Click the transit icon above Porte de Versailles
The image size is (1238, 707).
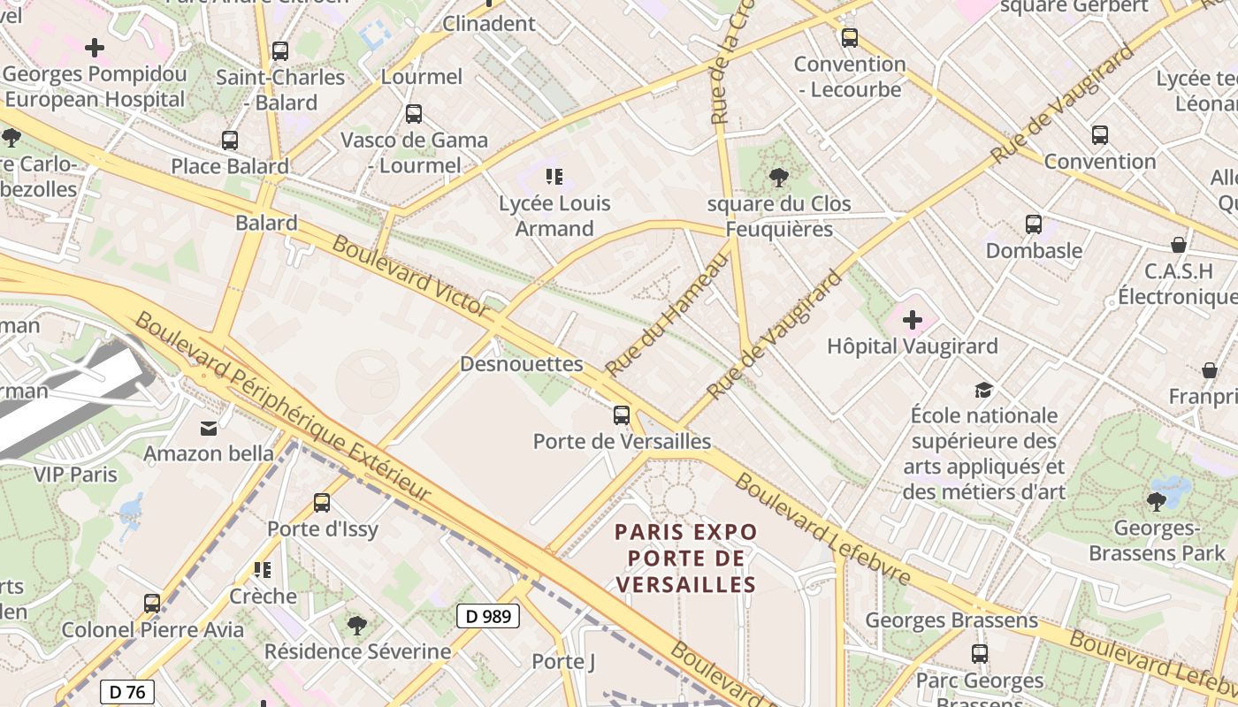[x=622, y=414]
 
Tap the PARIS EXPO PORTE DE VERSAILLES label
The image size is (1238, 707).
[x=686, y=558]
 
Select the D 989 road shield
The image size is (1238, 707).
[x=487, y=616]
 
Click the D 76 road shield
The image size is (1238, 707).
[x=127, y=691]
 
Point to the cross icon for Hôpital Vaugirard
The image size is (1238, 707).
[x=912, y=319]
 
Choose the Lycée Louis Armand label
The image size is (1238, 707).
[x=554, y=216]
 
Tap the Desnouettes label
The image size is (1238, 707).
[x=522, y=363]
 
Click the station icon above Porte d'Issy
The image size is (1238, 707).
[x=322, y=503]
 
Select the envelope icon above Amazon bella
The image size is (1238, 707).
[x=209, y=429]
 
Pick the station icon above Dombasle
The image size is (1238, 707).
[x=1033, y=224]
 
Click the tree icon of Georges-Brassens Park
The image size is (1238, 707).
[x=1156, y=502]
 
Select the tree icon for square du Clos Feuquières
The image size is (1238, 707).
[x=779, y=178]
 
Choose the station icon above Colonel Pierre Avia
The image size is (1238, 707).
[x=152, y=604]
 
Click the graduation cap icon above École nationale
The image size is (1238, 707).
[x=983, y=390]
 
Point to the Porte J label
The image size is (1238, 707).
[x=563, y=661]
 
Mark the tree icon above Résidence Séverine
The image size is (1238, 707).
[x=357, y=626]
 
